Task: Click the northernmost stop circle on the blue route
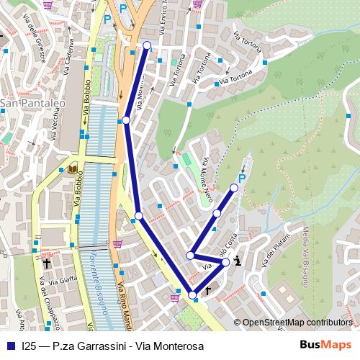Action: pyautogui.click(x=147, y=45)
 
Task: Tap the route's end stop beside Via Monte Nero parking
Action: pyautogui.click(x=234, y=188)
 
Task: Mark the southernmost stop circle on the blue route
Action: pyautogui.click(x=192, y=294)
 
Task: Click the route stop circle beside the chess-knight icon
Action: pyautogui.click(x=226, y=262)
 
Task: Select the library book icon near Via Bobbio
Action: pyautogui.click(x=73, y=170)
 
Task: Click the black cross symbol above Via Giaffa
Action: pyautogui.click(x=48, y=263)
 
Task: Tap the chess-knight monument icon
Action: pyautogui.click(x=238, y=261)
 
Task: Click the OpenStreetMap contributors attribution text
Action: pyautogui.click(x=297, y=322)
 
